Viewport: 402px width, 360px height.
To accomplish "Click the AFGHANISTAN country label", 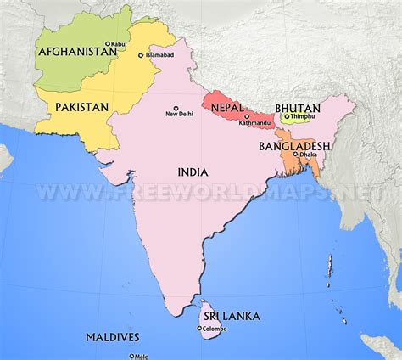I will tap(77, 52).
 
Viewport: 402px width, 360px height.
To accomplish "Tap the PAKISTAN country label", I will tap(82, 107).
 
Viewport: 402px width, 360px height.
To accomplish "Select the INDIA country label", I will tap(193, 172).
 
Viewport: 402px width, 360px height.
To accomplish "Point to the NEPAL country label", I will tap(226, 106).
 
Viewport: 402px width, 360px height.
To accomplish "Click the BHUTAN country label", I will tap(297, 109).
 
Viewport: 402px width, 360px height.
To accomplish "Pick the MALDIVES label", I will tap(112, 337).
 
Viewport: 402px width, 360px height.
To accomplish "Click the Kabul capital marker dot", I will tap(107, 43).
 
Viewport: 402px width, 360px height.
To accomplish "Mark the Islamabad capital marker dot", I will tap(142, 55).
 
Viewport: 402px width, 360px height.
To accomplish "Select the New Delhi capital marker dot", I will tap(176, 108).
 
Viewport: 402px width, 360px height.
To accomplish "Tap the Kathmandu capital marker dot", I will tap(247, 116).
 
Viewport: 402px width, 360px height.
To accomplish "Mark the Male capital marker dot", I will tap(131, 357).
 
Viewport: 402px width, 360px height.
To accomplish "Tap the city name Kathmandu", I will tap(254, 124).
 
